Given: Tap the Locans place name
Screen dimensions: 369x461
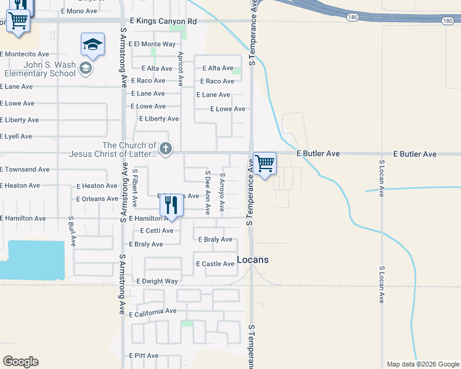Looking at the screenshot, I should (253, 260).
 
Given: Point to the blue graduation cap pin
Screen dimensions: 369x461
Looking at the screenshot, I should (92, 45).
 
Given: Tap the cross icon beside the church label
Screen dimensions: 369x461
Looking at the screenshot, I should (166, 149).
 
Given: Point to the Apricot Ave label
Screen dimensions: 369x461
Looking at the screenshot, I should (181, 68).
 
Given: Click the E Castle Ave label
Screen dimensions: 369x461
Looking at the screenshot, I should (215, 264).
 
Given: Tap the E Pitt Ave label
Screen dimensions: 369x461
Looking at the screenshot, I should (145, 355).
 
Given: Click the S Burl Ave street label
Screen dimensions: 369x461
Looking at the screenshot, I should (72, 231).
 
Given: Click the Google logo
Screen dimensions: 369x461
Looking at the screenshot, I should (20, 362).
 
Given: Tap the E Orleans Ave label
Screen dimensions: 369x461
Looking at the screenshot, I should (97, 199).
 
